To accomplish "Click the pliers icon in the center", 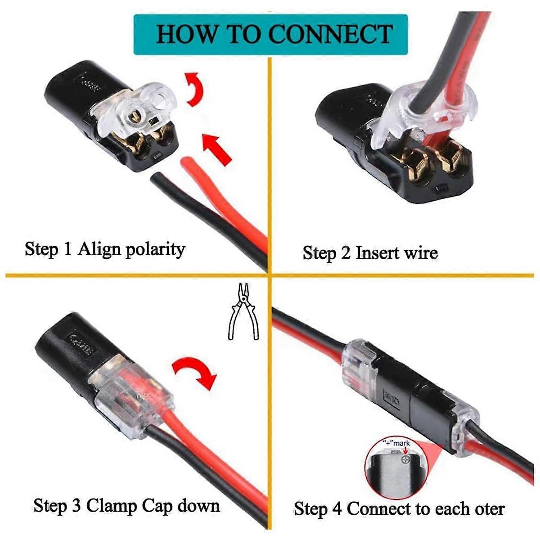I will coord(243,311).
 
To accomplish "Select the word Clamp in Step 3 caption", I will coord(111,506).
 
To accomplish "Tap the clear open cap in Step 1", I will coord(139,108).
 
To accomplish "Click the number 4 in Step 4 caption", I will coord(337,509).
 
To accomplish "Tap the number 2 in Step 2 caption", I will coord(345,253).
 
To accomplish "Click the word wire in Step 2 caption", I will coord(420,253).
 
